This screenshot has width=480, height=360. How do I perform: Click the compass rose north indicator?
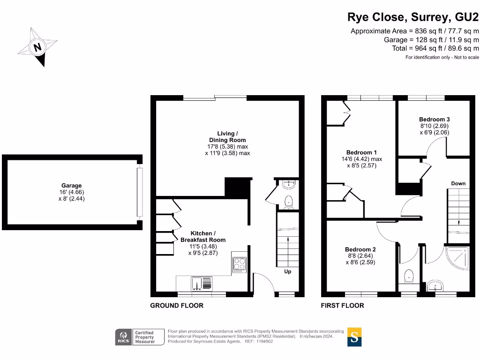tap(37, 47)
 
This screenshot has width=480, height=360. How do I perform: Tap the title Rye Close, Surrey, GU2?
tap(413, 17)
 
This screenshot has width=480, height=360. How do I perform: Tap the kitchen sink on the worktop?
tap(202, 283)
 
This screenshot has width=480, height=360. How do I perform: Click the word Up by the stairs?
tap(288, 271)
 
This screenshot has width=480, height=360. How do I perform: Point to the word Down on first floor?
tap(458, 183)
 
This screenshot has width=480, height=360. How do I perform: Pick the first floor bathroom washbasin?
tap(436, 286)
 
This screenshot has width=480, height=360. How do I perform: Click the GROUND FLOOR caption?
tap(177, 306)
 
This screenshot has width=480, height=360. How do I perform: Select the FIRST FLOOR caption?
tap(342, 306)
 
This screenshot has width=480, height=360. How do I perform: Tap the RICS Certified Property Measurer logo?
tap(140, 337)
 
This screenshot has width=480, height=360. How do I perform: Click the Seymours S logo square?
tap(354, 337)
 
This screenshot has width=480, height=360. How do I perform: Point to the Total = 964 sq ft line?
tap(435, 48)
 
